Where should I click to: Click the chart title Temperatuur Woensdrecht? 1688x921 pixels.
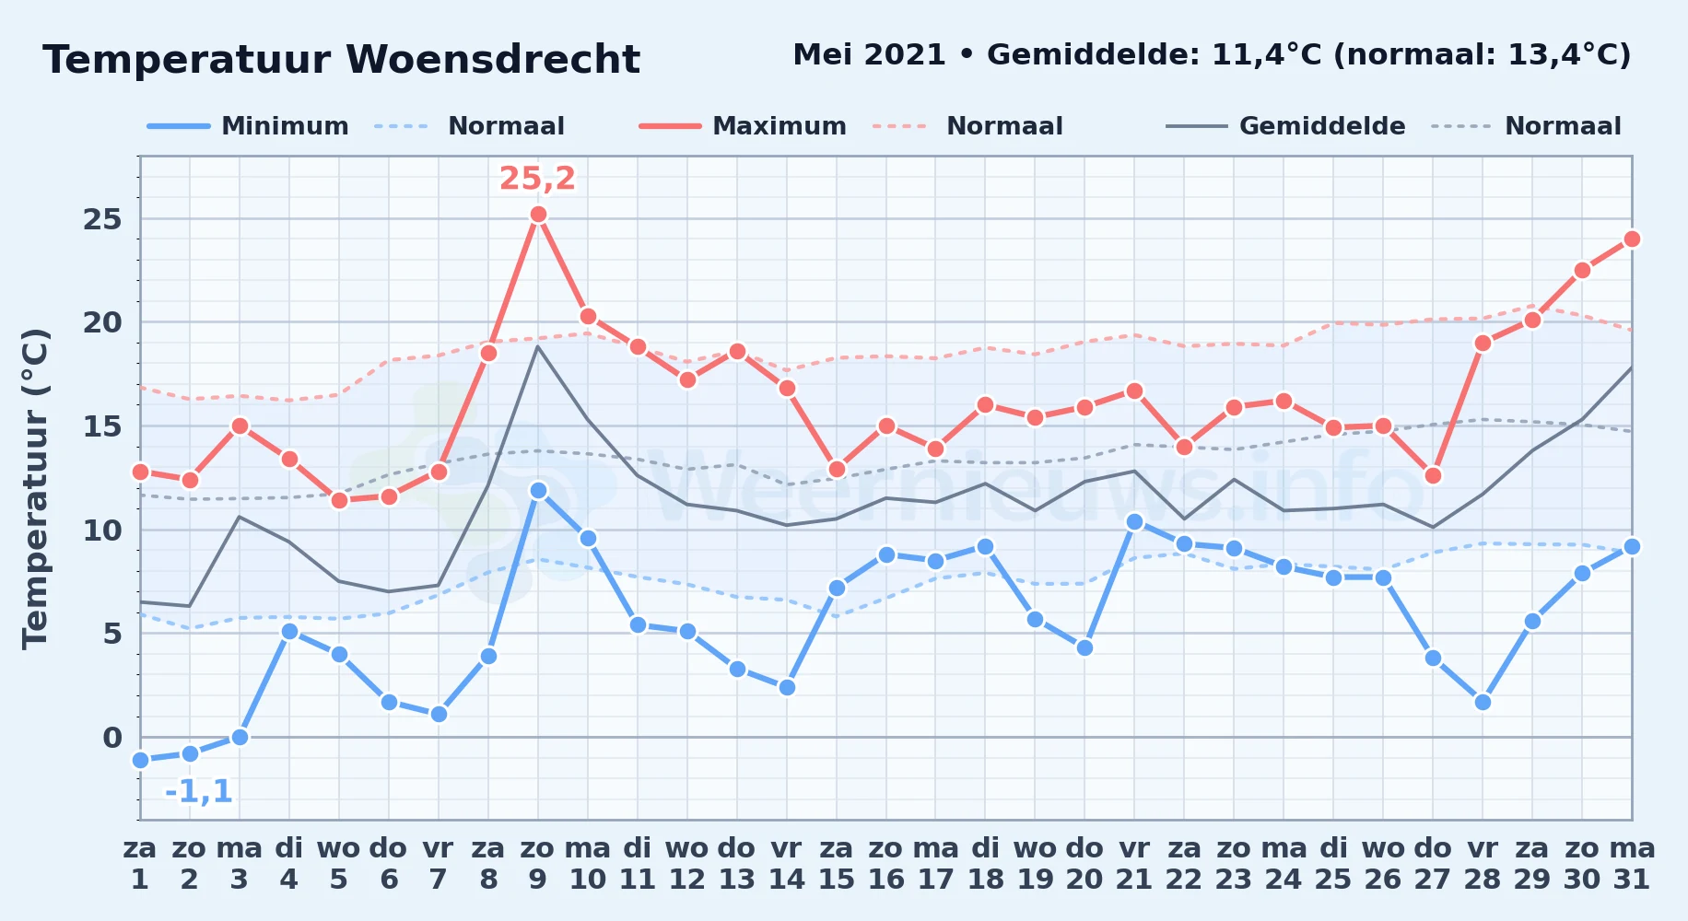pos(341,60)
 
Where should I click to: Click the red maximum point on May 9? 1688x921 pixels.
pos(538,215)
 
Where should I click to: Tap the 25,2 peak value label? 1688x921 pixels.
pos(537,178)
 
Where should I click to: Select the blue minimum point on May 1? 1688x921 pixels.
pos(140,760)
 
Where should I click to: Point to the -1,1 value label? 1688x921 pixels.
pos(198,791)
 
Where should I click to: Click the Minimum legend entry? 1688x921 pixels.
pos(248,126)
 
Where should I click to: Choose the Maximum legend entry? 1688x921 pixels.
pos(743,126)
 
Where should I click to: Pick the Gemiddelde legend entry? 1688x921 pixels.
pos(1285,126)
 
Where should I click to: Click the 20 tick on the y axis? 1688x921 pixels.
pos(102,322)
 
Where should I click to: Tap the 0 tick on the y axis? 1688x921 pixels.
pos(112,738)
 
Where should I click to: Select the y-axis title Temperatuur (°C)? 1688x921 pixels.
pos(35,488)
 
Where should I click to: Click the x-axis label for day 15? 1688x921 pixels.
pos(837,864)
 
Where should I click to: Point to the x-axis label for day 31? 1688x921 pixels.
pos(1632,864)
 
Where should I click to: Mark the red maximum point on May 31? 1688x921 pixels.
pos(1632,239)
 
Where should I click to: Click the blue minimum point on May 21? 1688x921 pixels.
pos(1134,521)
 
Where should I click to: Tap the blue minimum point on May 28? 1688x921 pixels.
pos(1483,702)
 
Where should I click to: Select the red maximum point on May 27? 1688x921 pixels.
pos(1433,475)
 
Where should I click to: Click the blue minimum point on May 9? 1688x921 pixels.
pos(538,490)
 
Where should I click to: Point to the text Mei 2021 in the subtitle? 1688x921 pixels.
pos(869,55)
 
